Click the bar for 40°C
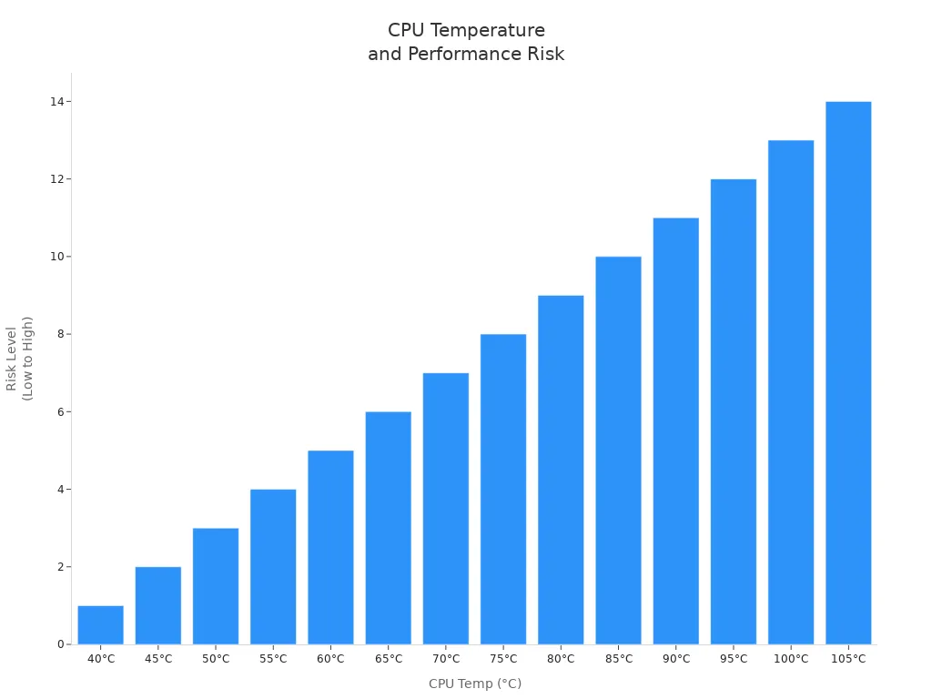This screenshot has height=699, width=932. [x=100, y=625]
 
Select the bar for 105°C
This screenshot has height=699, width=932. [x=848, y=373]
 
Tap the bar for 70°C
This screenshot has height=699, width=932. [x=446, y=509]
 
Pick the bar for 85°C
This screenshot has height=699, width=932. [x=618, y=451]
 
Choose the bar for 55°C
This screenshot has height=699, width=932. [x=273, y=567]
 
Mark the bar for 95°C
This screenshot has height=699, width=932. [x=734, y=411]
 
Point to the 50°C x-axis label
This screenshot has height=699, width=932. [x=216, y=659]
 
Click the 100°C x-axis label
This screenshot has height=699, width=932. [x=791, y=659]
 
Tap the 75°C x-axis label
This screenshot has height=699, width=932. [x=503, y=659]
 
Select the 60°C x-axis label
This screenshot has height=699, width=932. [x=330, y=659]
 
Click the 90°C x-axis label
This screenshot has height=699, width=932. [x=676, y=659]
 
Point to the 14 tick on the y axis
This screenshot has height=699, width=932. [x=57, y=102]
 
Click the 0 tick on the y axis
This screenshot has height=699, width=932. [x=61, y=644]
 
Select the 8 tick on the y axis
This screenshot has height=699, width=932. [x=61, y=334]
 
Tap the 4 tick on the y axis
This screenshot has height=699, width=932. [x=61, y=490]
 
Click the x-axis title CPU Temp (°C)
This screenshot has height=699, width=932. [x=475, y=684]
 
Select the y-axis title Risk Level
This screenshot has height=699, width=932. [x=12, y=359]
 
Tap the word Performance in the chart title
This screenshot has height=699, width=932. [x=453, y=55]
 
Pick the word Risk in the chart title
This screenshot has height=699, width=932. [x=544, y=55]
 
